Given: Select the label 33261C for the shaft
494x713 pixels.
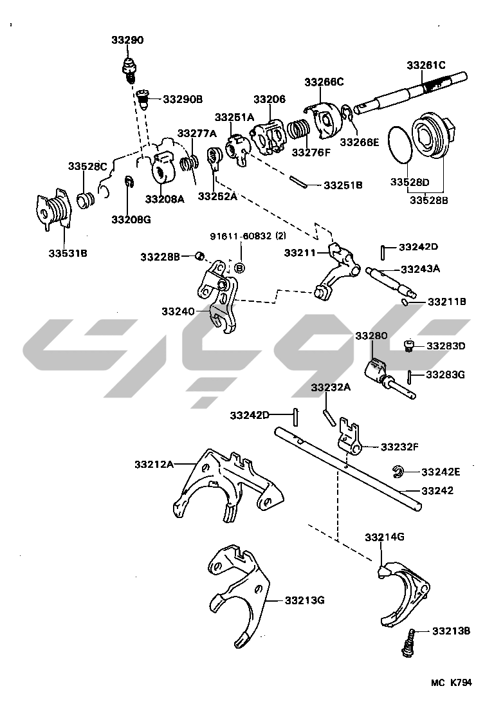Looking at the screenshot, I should pyautogui.click(x=426, y=65).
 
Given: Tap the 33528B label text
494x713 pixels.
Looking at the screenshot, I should pyautogui.click(x=429, y=200).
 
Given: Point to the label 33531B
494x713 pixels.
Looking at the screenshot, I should pyautogui.click(x=68, y=253).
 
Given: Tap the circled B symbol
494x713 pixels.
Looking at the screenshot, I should pyautogui.click(x=239, y=266).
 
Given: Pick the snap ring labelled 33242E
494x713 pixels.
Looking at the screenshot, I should pyautogui.click(x=398, y=472).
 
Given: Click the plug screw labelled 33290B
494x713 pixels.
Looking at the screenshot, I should pyautogui.click(x=145, y=99).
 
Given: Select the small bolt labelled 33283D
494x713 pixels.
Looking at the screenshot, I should pyautogui.click(x=408, y=346).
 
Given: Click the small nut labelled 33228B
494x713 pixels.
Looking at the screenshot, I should pyautogui.click(x=199, y=257).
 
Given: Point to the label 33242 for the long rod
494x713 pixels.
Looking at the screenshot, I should pyautogui.click(x=437, y=490).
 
